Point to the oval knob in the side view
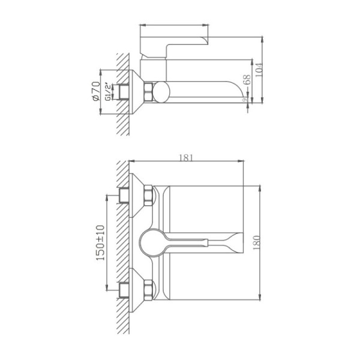pos(161,94)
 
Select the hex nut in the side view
pos(148,94)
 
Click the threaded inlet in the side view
pos(124,94)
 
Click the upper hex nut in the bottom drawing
pos(147,196)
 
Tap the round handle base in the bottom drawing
pos(149,242)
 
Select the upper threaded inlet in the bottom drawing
pos(125,196)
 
